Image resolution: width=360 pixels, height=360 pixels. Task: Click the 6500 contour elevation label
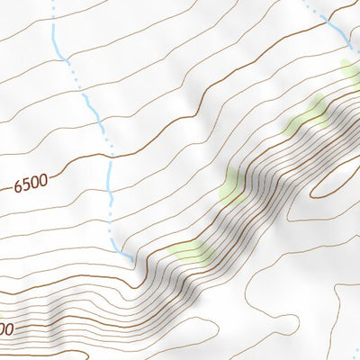point(31,184)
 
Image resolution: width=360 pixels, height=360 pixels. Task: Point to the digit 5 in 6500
point(26,185)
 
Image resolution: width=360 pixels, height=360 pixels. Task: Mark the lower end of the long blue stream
point(134,261)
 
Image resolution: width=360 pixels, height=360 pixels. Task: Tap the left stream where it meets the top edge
point(52,3)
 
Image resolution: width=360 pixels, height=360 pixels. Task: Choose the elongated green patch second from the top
point(306,115)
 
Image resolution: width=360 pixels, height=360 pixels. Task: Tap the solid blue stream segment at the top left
point(56,40)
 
